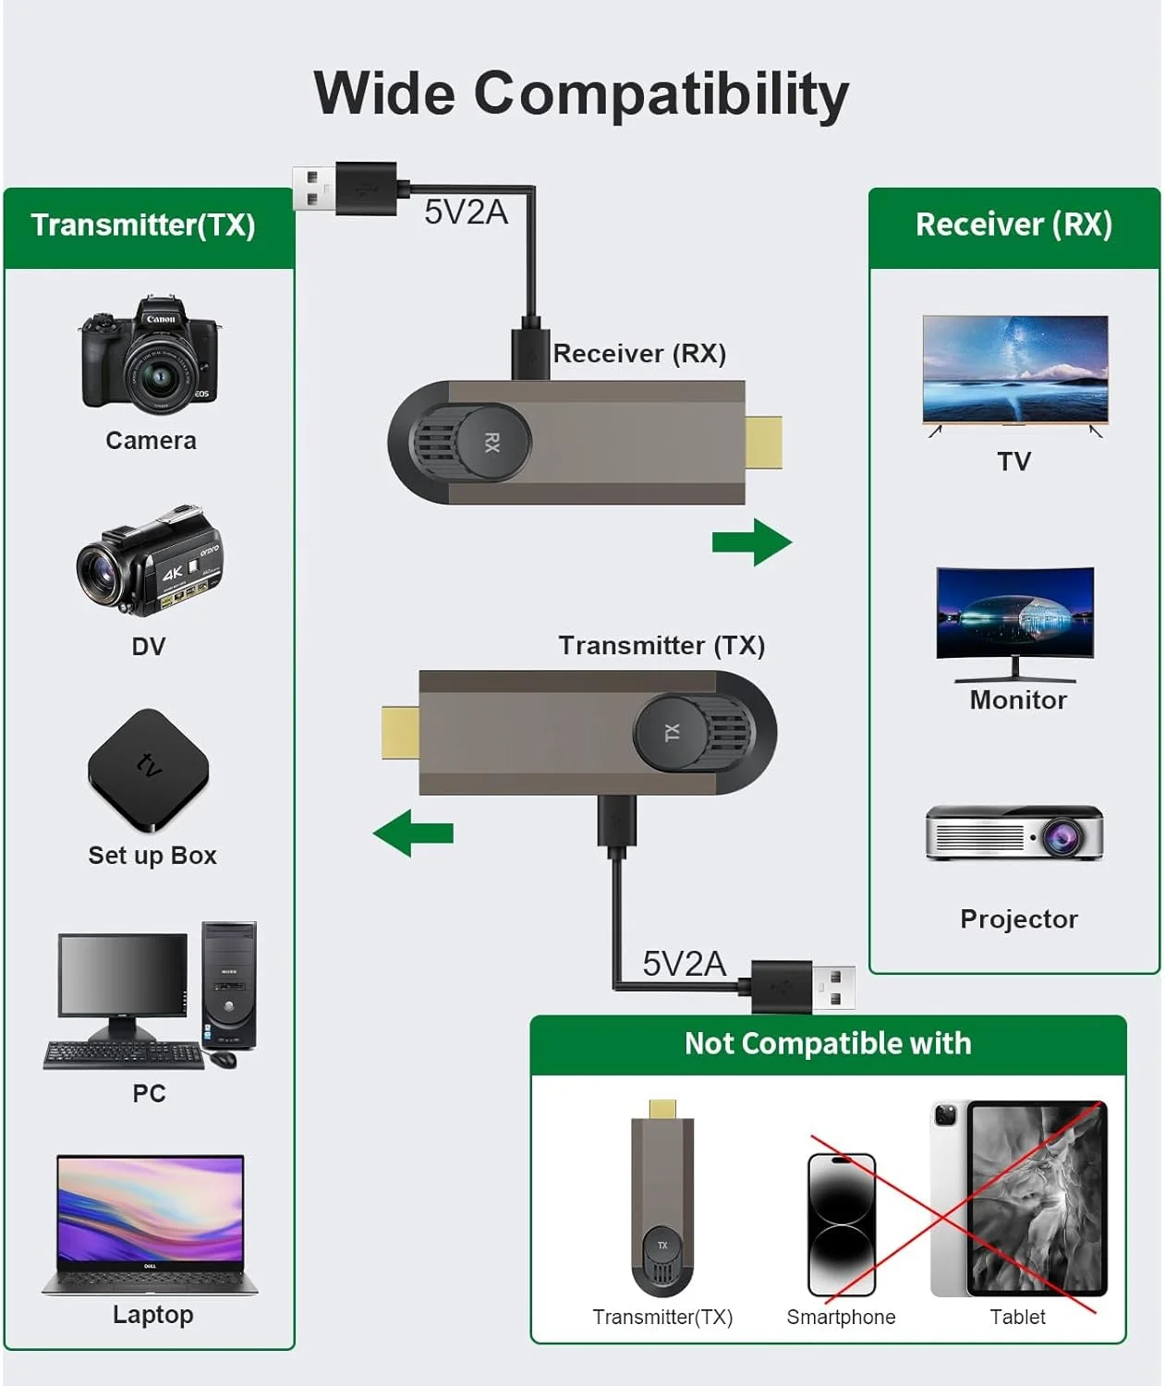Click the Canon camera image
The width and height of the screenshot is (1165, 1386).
[150, 356]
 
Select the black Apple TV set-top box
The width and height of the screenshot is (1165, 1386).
[149, 770]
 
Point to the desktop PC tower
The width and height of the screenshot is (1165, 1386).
[228, 985]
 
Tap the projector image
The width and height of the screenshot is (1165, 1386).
[1014, 833]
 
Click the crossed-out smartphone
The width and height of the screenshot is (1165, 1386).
[841, 1224]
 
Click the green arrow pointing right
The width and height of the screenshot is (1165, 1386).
[752, 542]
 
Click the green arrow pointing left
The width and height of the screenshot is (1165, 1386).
[413, 833]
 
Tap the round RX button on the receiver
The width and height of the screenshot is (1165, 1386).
[493, 442]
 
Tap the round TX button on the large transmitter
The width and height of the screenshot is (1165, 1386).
[672, 733]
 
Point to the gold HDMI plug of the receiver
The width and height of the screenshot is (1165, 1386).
[764, 443]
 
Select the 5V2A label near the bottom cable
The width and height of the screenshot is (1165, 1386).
[684, 964]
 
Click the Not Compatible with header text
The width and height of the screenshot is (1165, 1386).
[828, 1044]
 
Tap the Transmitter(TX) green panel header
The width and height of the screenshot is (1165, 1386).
[143, 225]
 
